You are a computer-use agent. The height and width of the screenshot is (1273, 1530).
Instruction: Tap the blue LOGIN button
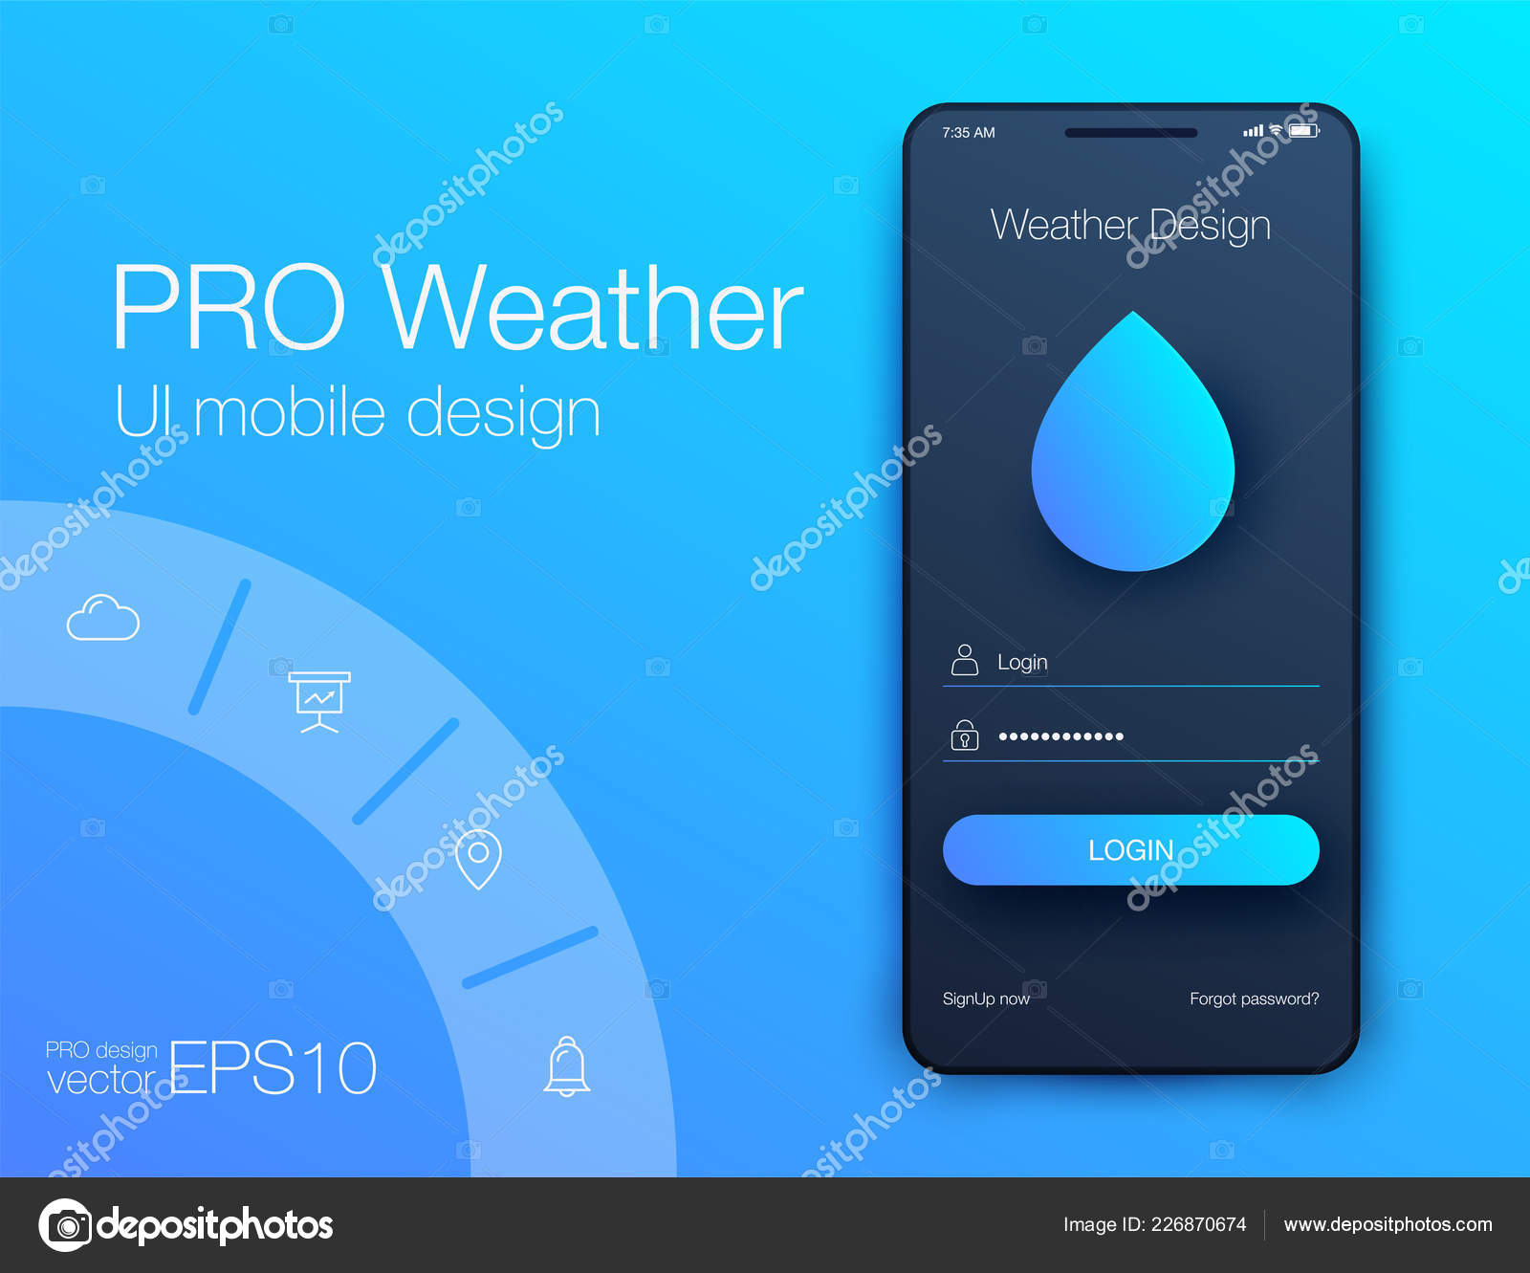pos(1130,849)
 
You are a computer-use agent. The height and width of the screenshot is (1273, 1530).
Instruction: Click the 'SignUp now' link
pos(986,999)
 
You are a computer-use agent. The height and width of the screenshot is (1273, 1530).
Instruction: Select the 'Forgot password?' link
pos(1254,999)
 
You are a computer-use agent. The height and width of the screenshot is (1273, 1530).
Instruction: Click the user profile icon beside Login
pos(965,660)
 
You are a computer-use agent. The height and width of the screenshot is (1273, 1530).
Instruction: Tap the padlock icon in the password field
pos(965,735)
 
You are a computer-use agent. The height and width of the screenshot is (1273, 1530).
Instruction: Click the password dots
pos(1060,736)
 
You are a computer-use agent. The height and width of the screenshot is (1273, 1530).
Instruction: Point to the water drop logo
pos(1132,450)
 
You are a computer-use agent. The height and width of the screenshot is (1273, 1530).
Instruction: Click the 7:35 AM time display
pos(968,133)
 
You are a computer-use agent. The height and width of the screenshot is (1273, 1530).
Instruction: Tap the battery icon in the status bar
pos(1303,131)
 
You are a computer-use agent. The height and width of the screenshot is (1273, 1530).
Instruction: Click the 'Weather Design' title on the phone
pos(1130,226)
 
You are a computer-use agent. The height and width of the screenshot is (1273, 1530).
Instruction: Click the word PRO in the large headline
pos(228,308)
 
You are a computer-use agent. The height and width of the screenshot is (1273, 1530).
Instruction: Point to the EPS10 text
pos(273,1068)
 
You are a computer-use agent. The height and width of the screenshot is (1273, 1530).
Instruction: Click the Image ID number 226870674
pos(1198,1224)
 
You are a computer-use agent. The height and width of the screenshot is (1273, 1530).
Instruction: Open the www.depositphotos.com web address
pos(1388,1224)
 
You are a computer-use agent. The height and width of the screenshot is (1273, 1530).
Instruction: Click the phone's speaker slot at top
pos(1130,133)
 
